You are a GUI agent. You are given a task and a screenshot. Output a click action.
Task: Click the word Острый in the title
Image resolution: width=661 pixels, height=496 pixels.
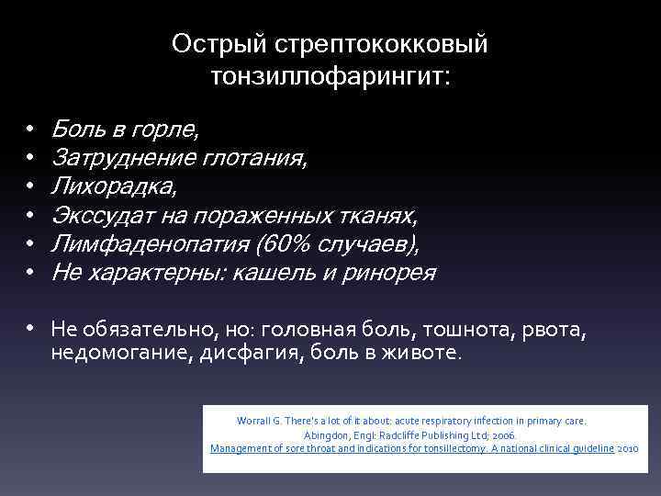(207, 43)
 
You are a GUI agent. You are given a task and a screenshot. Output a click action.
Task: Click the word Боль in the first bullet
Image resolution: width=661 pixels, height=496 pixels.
(75, 129)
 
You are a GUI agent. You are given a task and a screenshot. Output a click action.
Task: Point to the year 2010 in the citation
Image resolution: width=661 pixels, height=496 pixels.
(628, 449)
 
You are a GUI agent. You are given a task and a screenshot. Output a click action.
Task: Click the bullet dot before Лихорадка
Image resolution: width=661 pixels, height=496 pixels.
(30, 186)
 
